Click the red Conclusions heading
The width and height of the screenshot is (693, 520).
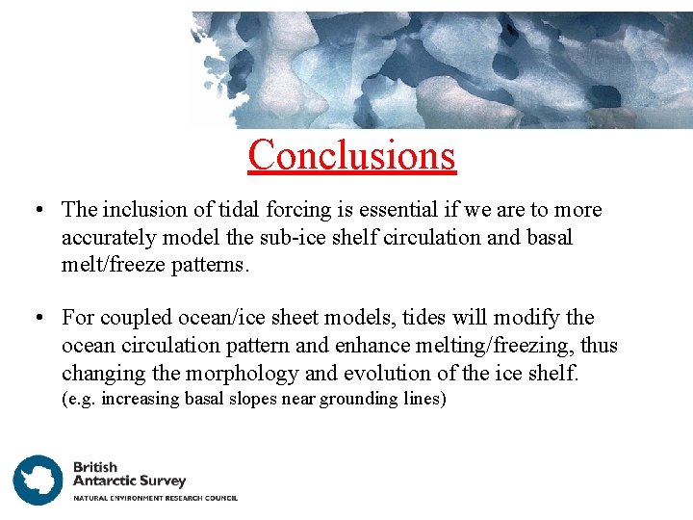(351, 154)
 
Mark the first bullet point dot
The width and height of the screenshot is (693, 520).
(35, 211)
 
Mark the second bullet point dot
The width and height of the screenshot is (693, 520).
(35, 319)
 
